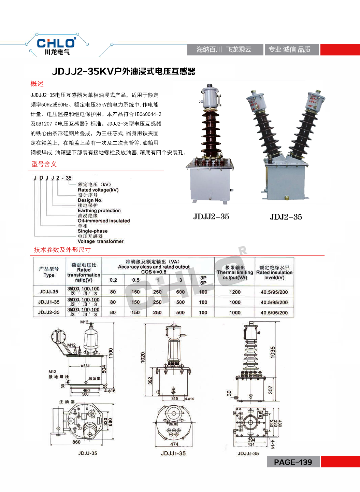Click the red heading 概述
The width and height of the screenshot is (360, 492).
[x=37, y=84]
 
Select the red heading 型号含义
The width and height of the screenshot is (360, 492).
[x=44, y=164]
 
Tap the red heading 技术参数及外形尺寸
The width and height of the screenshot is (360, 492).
[x=62, y=250]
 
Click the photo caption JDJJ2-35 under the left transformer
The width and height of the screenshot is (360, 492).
[x=211, y=217]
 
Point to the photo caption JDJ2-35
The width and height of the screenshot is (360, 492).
[x=286, y=217]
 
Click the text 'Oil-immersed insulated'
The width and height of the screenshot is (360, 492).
[x=104, y=221]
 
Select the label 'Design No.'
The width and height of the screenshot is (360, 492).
[x=90, y=200]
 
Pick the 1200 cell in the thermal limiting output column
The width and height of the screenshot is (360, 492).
[x=235, y=292]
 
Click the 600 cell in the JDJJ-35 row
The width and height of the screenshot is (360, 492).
[x=180, y=292]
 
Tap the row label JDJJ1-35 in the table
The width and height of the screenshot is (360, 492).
[x=49, y=302]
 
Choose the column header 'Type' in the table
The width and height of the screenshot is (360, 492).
[x=49, y=275]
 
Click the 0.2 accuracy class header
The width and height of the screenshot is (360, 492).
[x=113, y=280]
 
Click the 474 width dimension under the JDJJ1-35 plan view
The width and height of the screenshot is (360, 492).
[x=174, y=444]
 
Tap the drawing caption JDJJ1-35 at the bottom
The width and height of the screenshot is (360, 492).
[x=173, y=453]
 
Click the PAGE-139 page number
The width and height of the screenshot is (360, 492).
[x=293, y=462]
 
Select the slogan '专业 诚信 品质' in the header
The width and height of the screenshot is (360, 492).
[x=289, y=50]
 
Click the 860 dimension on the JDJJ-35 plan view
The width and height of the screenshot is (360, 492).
[x=76, y=442]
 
